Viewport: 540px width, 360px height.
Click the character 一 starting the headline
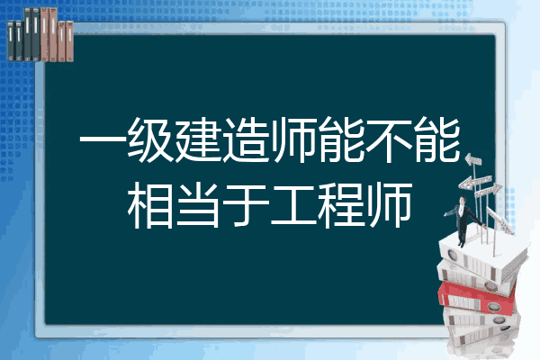(102, 140)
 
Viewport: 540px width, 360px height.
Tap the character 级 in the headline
(149, 140)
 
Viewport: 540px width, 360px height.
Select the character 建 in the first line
(197, 140)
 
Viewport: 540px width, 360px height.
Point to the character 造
(245, 140)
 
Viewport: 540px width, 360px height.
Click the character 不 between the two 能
(389, 140)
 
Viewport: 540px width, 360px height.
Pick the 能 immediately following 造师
(341, 140)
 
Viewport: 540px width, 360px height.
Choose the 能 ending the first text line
(436, 140)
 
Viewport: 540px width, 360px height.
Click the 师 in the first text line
(293, 140)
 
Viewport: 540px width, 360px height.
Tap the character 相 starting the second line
(149, 206)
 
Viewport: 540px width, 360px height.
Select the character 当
(198, 206)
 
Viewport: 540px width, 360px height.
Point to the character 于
(246, 206)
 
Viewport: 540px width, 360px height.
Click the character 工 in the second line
(293, 206)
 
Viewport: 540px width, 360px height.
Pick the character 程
(341, 206)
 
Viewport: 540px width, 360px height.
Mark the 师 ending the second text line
(389, 206)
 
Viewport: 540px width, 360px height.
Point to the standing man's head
(463, 200)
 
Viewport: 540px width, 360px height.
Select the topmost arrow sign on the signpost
(473, 159)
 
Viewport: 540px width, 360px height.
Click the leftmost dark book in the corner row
(11, 40)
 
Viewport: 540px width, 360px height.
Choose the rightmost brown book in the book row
(69, 41)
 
